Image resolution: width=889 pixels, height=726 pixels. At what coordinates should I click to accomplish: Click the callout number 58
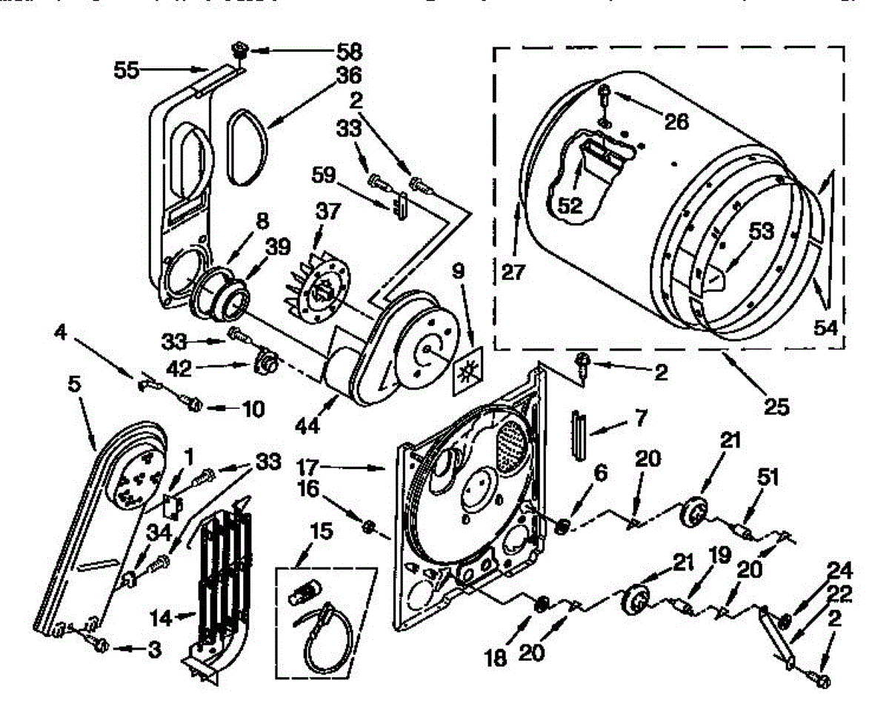[349, 53]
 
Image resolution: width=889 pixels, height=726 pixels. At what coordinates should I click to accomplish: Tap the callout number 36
[350, 76]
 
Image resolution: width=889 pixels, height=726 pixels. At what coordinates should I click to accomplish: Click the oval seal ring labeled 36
[248, 145]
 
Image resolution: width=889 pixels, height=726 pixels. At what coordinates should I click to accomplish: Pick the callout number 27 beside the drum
[513, 272]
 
